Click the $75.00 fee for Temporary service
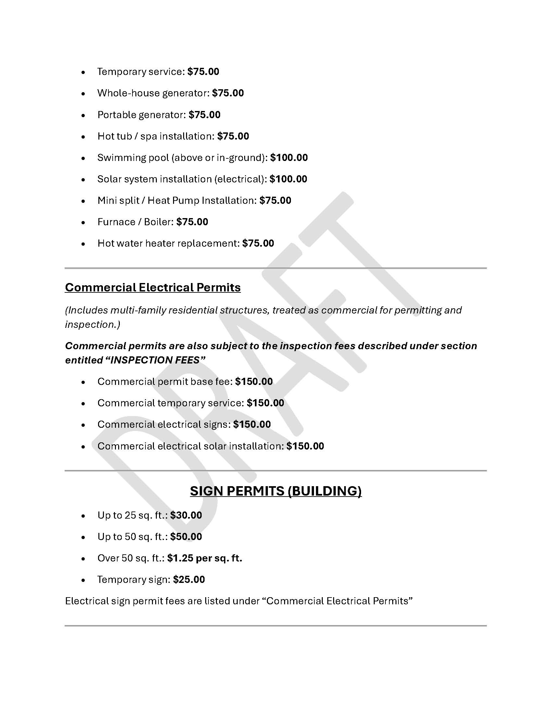pyautogui.click(x=203, y=72)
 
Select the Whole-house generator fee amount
pyautogui.click(x=228, y=93)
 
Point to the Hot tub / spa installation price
pyautogui.click(x=233, y=136)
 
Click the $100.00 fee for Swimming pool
pyautogui.click(x=289, y=158)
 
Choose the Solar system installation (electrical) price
pyautogui.click(x=288, y=179)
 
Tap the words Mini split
pyautogui.click(x=119, y=200)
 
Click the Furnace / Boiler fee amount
pyautogui.click(x=192, y=222)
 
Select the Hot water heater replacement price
pyautogui.click(x=258, y=243)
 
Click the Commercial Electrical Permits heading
pyautogui.click(x=153, y=287)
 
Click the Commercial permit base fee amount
pyautogui.click(x=254, y=382)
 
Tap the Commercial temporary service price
pyautogui.click(x=265, y=403)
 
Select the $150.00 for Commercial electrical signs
pyautogui.click(x=252, y=425)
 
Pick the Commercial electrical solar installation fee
pyautogui.click(x=305, y=446)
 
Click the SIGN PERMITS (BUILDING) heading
pyautogui.click(x=276, y=491)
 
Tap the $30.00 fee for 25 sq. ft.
pyautogui.click(x=186, y=515)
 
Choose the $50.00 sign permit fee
pyautogui.click(x=186, y=536)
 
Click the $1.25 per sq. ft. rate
pyautogui.click(x=205, y=558)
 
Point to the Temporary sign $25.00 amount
pyautogui.click(x=189, y=580)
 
